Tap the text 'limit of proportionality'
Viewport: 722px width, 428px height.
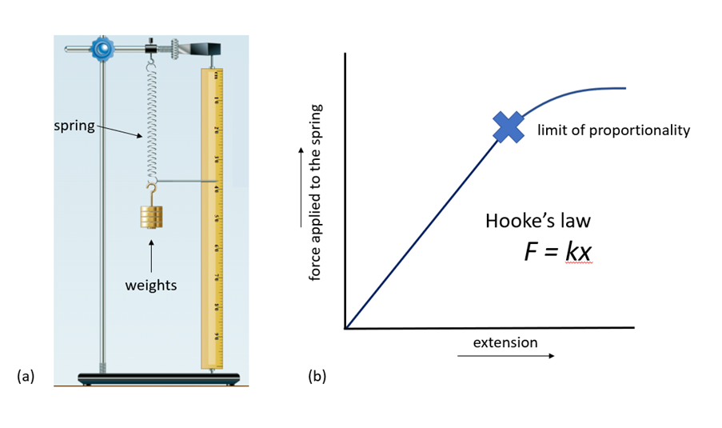click(x=612, y=130)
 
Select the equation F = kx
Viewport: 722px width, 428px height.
click(x=557, y=252)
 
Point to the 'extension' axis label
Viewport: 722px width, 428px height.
click(x=505, y=342)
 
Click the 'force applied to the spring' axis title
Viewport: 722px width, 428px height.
click(x=315, y=192)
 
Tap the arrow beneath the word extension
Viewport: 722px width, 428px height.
click(x=507, y=356)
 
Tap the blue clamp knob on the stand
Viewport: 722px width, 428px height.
click(x=102, y=50)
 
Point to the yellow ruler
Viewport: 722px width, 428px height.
click(x=213, y=216)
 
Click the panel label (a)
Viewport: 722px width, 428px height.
click(x=26, y=375)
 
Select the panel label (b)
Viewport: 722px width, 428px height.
click(x=317, y=375)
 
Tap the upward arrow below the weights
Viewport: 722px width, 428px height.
click(x=151, y=252)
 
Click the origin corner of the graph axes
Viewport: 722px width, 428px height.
click(x=345, y=328)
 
